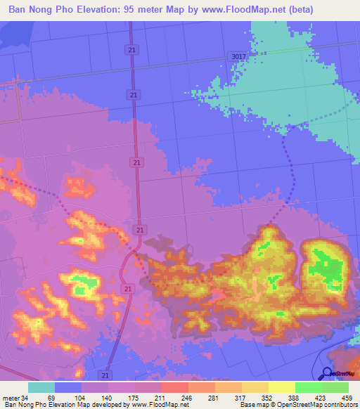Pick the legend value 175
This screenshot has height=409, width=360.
[134, 398]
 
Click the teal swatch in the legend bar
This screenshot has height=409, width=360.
[41, 387]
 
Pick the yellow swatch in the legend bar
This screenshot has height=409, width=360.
[281, 387]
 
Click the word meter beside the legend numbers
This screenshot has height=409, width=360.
[9, 398]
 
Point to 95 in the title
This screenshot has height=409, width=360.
[134, 9]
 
